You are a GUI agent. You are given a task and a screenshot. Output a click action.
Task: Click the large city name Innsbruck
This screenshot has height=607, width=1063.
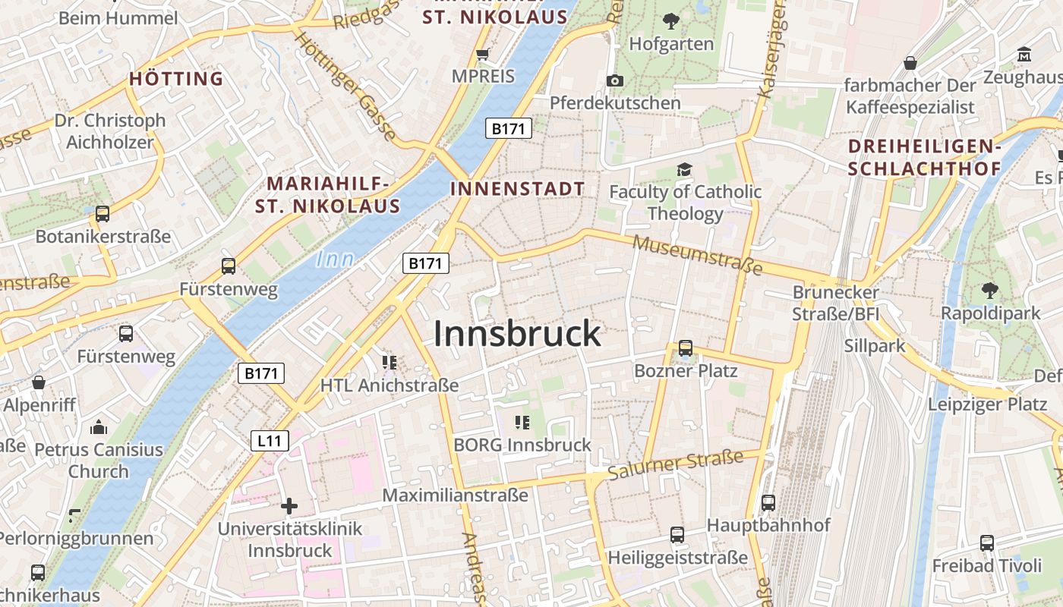[517, 334]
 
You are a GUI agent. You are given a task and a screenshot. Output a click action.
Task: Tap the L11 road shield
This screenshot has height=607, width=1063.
[270, 440]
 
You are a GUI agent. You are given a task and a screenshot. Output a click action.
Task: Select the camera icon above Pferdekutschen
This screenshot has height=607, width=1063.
[615, 80]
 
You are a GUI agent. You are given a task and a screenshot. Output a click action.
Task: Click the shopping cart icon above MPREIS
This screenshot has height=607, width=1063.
[482, 54]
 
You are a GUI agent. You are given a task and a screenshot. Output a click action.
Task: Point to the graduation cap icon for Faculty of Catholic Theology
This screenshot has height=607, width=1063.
[685, 169]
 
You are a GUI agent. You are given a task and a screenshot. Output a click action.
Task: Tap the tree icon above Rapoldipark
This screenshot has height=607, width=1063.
[990, 290]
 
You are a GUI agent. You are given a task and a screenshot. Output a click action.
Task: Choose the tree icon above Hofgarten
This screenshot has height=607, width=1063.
[671, 21]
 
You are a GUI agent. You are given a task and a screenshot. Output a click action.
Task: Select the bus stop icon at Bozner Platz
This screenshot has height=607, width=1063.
[685, 348]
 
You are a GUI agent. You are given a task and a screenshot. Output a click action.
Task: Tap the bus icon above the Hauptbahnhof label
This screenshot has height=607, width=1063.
[768, 502]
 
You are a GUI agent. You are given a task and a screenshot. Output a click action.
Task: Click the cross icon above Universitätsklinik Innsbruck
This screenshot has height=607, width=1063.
[289, 506]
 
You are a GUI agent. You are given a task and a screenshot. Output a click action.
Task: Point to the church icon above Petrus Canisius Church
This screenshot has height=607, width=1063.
[99, 427]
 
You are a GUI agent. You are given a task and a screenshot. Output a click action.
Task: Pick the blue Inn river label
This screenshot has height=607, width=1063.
[335, 259]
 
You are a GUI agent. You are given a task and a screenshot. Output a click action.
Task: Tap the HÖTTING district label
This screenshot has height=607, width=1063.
[176, 78]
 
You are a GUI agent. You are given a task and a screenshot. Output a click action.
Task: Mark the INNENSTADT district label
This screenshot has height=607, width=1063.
[518, 189]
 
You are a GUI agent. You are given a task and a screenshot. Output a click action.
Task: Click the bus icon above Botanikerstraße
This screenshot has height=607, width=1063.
[103, 214]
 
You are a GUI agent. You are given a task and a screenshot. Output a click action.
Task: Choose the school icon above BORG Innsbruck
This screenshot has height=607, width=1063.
[522, 422]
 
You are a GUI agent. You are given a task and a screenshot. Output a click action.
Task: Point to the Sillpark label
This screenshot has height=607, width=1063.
[875, 346]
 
